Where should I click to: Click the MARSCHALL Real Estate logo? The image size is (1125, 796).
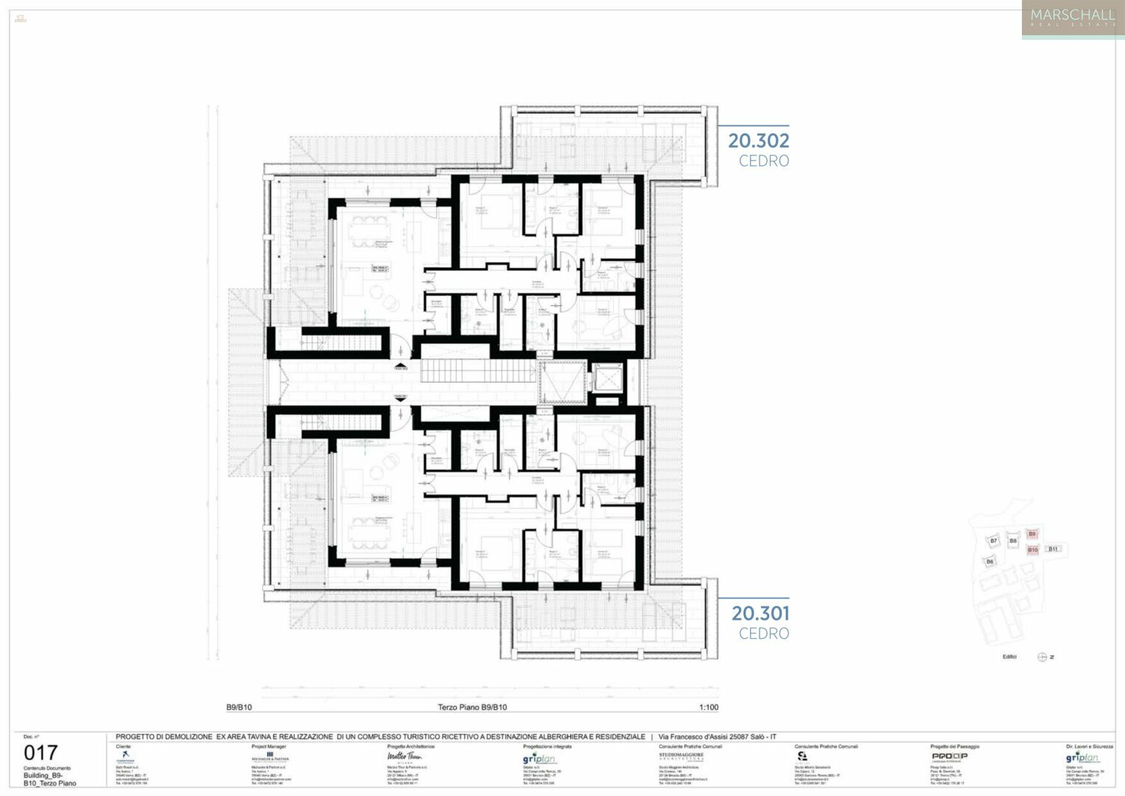1072,18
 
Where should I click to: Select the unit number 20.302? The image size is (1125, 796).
758,141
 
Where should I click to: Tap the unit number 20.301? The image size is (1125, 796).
760,613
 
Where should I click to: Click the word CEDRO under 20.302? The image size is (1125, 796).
764,161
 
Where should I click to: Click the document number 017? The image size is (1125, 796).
41,753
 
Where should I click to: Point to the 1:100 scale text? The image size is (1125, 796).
708,708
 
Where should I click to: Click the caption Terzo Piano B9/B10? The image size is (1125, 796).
472,708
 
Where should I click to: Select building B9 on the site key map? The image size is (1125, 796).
1032,534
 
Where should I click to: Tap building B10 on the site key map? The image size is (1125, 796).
1032,550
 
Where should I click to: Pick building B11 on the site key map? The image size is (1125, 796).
1054,549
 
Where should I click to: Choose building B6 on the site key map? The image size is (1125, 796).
989,562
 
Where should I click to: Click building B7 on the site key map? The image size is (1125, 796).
993,541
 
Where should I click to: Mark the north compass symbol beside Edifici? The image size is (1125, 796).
1042,657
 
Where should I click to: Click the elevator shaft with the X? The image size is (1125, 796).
608,379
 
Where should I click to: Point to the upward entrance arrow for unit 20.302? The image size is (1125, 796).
400,365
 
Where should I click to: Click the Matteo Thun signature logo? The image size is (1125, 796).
404,757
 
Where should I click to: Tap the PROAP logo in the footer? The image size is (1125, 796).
949,756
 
